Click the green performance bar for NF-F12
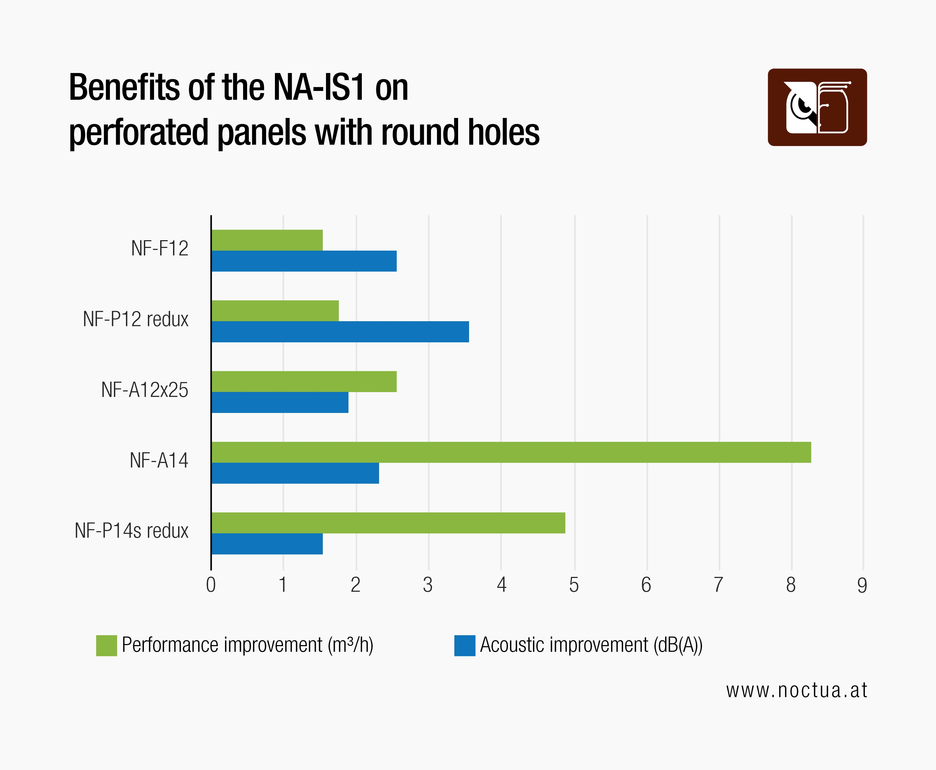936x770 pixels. point(267,240)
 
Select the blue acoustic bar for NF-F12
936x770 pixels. point(304,261)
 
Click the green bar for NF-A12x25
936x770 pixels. point(304,381)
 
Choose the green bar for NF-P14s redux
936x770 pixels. point(388,523)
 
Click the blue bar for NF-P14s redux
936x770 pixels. point(267,543)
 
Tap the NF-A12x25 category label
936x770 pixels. point(145,390)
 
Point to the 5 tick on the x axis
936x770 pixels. point(574,585)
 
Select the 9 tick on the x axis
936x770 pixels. point(862,585)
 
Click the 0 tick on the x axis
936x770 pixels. point(211,585)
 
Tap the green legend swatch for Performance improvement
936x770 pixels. point(106,645)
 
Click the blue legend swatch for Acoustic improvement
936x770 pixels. point(465,645)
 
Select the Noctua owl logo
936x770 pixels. point(817,107)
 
